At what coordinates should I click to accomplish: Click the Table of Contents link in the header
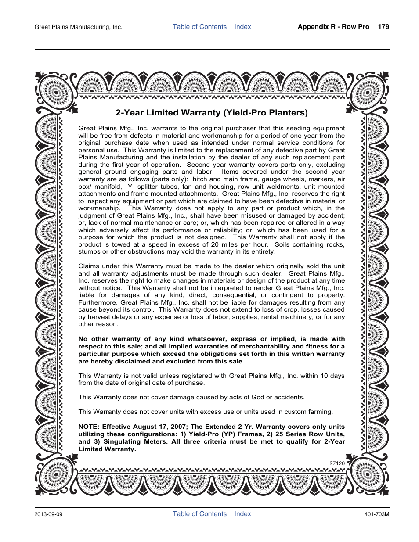pyautogui.click(x=199, y=27)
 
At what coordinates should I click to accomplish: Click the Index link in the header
pyautogui.click(x=242, y=27)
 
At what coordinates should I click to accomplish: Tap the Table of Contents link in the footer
pyautogui.click(x=199, y=514)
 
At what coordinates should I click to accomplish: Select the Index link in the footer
pyautogui.click(x=242, y=514)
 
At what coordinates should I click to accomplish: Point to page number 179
pyautogui.click(x=383, y=27)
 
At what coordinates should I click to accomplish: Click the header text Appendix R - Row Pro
pyautogui.click(x=333, y=27)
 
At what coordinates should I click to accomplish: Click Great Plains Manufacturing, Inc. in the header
pyautogui.click(x=78, y=27)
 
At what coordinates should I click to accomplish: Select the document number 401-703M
pyautogui.click(x=377, y=514)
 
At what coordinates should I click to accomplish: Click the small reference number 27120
pyautogui.click(x=337, y=463)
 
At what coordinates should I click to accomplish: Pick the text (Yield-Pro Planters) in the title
pyautogui.click(x=266, y=113)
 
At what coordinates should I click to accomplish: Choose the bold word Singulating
pyautogui.click(x=124, y=441)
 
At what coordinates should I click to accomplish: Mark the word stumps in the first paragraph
pyautogui.click(x=89, y=251)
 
